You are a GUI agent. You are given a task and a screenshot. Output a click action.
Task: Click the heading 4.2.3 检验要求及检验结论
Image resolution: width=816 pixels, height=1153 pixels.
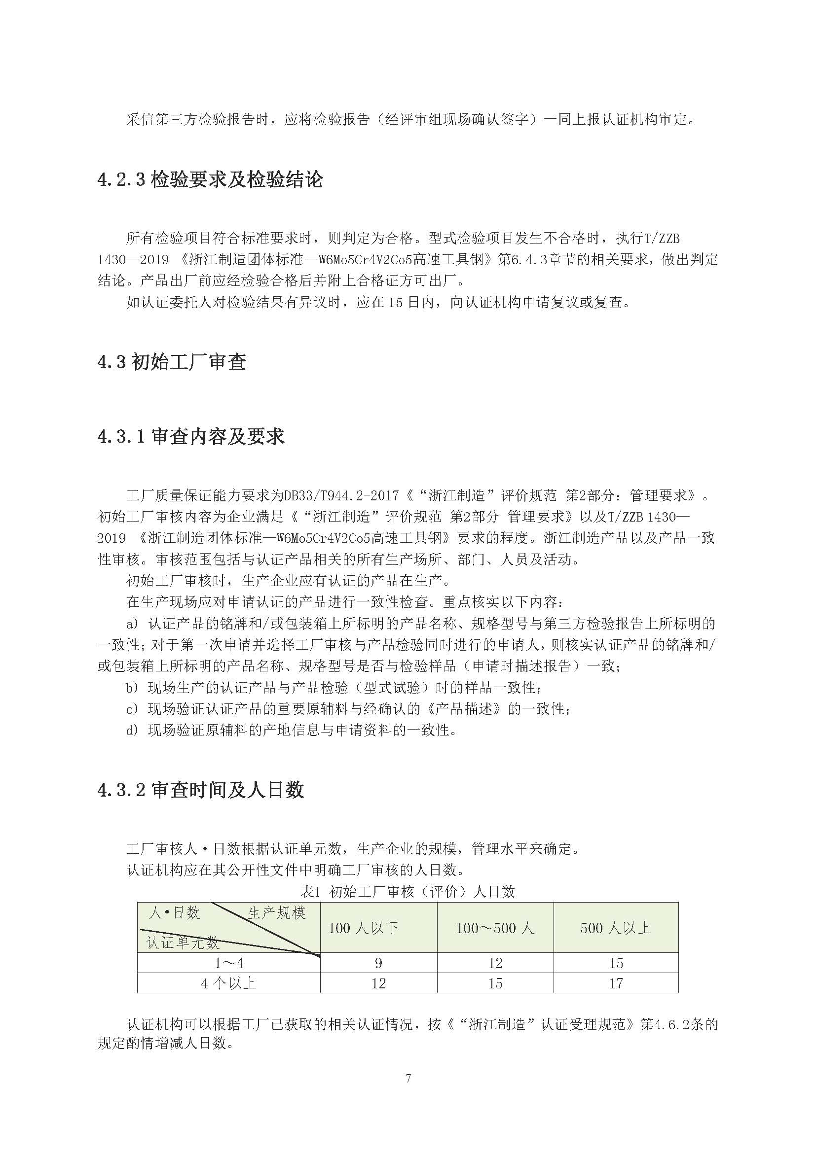pos(210,180)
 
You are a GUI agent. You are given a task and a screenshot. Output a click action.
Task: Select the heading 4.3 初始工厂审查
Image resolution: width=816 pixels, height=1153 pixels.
pos(171,361)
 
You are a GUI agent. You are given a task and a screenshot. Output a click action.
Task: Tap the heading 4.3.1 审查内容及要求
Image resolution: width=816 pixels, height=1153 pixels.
pos(191,436)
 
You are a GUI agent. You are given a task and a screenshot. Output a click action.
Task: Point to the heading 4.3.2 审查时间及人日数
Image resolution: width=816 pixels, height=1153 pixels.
pos(200,790)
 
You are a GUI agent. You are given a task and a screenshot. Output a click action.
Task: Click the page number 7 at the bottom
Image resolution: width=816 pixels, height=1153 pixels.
pos(408,1078)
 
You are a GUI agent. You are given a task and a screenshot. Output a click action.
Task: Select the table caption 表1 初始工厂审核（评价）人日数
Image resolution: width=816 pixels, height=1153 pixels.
pos(408,891)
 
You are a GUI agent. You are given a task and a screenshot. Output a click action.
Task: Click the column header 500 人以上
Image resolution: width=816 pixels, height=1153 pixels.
pos(616,928)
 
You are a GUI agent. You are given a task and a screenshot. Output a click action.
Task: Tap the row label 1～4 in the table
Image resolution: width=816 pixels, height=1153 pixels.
pos(228,963)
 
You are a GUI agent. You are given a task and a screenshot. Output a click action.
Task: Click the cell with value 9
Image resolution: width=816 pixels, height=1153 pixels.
pos(378,963)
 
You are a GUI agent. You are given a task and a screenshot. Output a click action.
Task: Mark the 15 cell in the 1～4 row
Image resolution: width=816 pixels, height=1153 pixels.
pos(616,963)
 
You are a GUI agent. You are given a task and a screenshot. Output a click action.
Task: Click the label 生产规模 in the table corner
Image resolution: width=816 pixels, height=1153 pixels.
pos(276,913)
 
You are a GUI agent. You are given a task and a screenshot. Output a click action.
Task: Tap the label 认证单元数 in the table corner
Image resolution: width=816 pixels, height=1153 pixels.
pos(183,943)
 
